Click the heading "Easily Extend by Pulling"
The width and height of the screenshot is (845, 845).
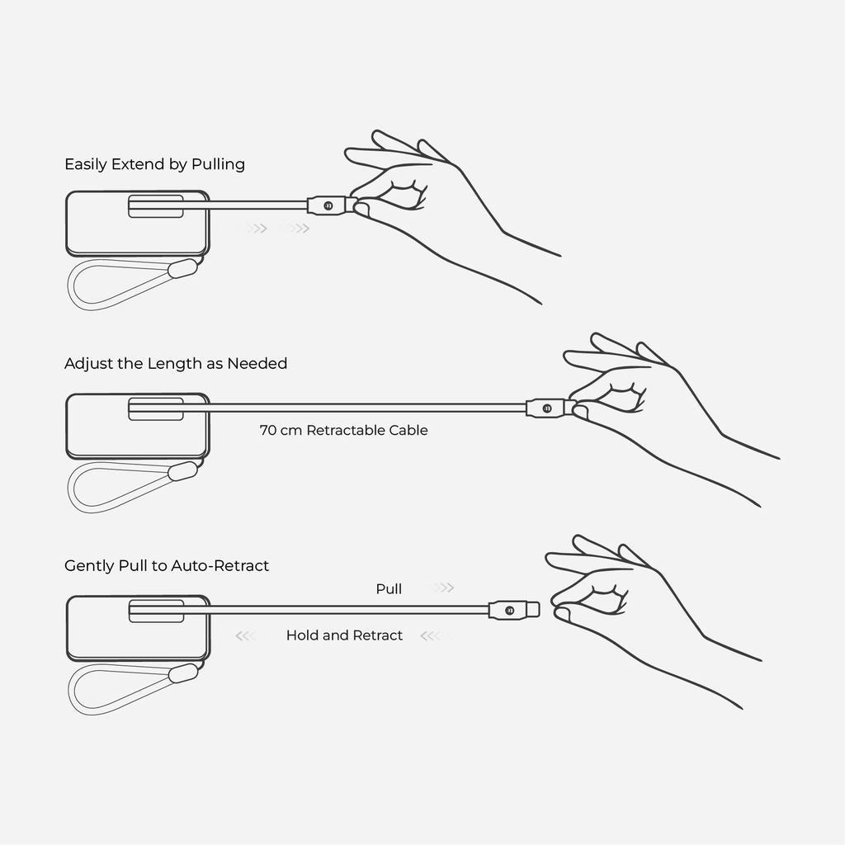click(154, 164)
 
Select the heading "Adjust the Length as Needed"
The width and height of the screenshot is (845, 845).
click(176, 363)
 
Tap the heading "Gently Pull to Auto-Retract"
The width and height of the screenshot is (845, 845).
click(167, 565)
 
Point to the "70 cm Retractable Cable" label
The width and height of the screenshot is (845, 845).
click(344, 430)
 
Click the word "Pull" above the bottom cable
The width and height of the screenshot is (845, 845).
click(389, 588)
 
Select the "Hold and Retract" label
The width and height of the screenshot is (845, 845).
click(344, 635)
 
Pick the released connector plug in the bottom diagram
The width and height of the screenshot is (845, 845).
click(513, 610)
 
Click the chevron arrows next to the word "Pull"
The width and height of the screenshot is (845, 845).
click(443, 588)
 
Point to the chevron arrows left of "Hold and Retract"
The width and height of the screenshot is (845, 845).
click(246, 636)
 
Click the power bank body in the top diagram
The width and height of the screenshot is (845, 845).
click(138, 223)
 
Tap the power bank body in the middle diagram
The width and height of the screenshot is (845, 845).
click(138, 427)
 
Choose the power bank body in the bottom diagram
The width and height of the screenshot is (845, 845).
click(138, 628)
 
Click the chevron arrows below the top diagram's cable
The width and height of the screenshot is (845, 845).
click(279, 229)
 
